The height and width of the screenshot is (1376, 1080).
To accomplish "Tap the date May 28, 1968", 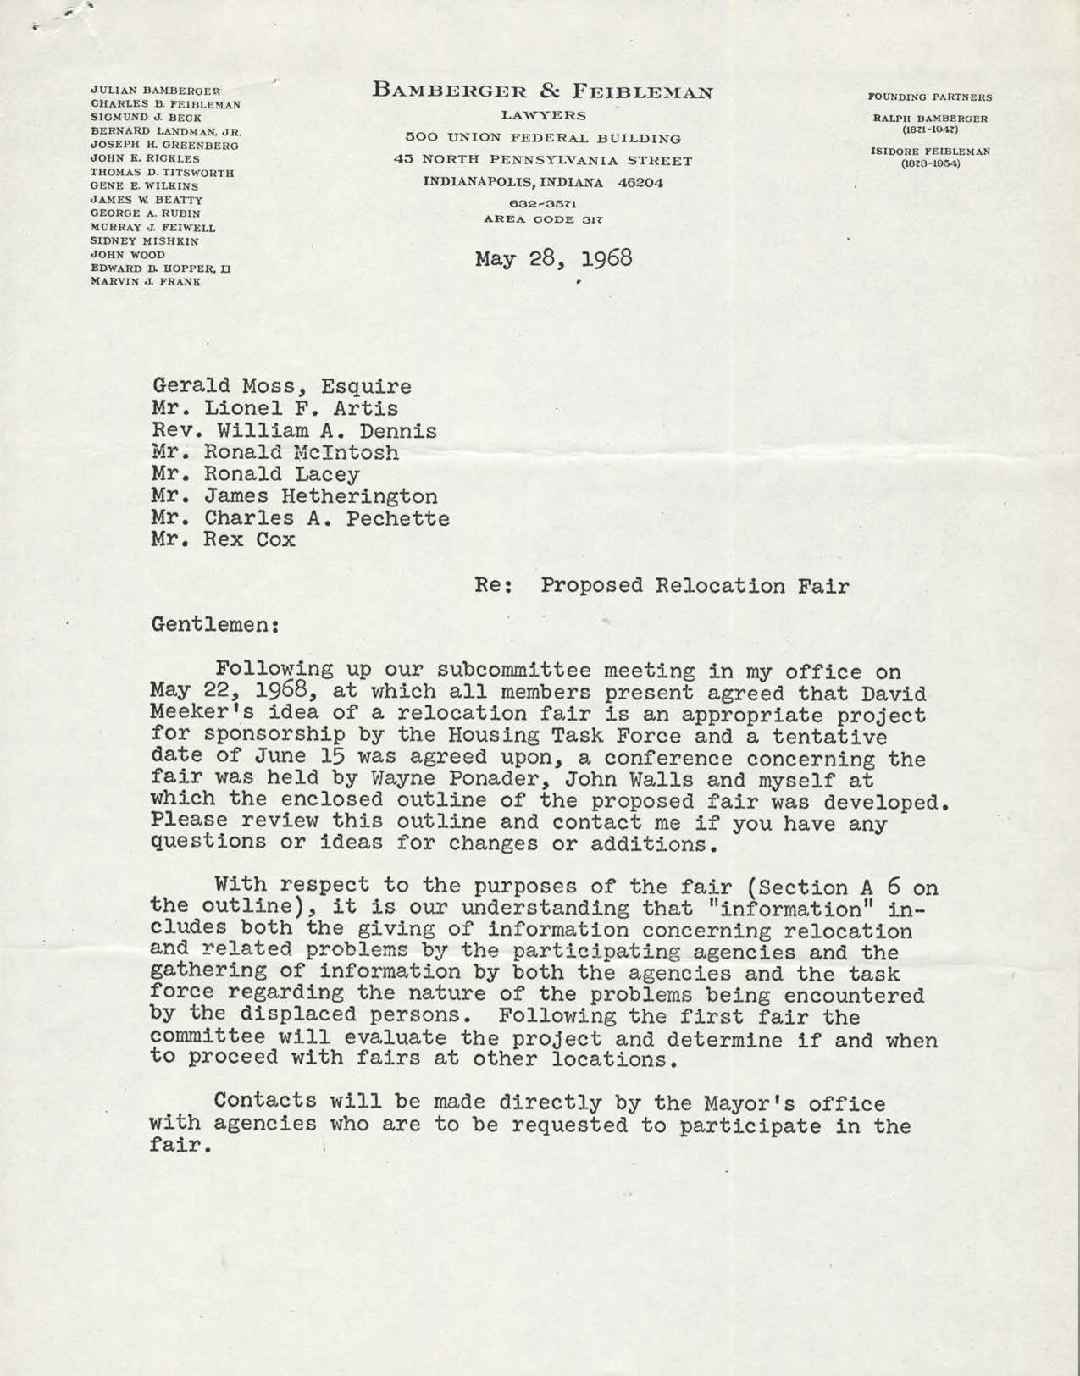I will pos(554,257).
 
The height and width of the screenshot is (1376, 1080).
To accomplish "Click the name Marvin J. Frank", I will pos(146,282).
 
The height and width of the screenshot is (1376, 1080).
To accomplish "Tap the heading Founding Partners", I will pos(930,97).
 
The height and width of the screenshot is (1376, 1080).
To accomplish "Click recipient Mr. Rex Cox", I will pos(224,539).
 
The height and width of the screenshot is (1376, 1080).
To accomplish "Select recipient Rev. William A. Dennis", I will pos(294,431).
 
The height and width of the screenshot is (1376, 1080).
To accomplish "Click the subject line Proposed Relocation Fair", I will pos(695,585).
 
